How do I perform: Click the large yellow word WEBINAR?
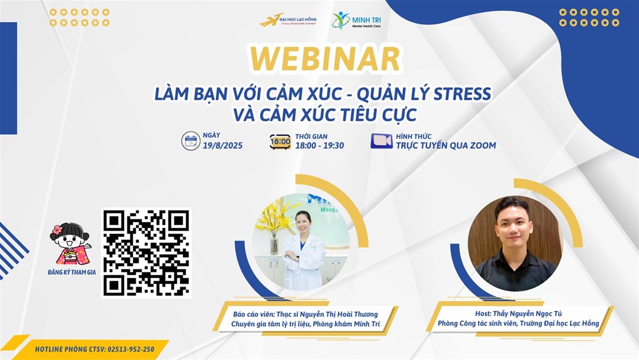point(325,59)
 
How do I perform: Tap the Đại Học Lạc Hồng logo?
point(288,20)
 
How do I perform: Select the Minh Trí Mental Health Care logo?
point(356,20)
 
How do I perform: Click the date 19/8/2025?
point(222,146)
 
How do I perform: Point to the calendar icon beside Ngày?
point(191,141)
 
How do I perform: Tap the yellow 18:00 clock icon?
point(280,142)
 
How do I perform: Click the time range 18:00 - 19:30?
point(319,146)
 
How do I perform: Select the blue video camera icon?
point(382,141)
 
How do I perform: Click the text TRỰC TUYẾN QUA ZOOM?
point(446,146)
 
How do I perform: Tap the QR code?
point(146,253)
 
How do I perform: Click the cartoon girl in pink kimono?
point(70,244)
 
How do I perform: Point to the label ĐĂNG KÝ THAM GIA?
point(72,272)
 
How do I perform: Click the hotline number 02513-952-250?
point(131,349)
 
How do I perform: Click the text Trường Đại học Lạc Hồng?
point(560,323)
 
